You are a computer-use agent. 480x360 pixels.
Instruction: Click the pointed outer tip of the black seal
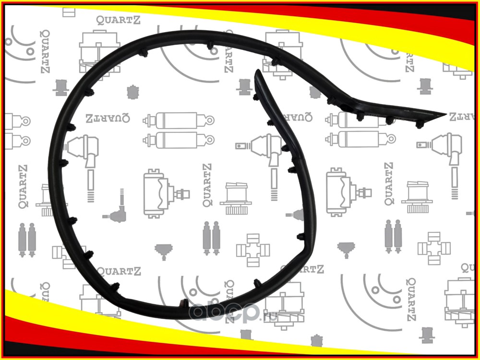click(x=444, y=115)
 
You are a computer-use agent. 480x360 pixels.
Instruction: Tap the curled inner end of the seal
click(x=258, y=73)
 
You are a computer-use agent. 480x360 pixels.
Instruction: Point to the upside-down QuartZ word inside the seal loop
click(x=108, y=118)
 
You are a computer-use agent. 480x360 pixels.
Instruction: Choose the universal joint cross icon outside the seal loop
click(x=434, y=248)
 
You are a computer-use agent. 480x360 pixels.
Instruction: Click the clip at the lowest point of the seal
click(x=184, y=303)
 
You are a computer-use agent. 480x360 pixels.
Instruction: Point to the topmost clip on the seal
click(x=210, y=47)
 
